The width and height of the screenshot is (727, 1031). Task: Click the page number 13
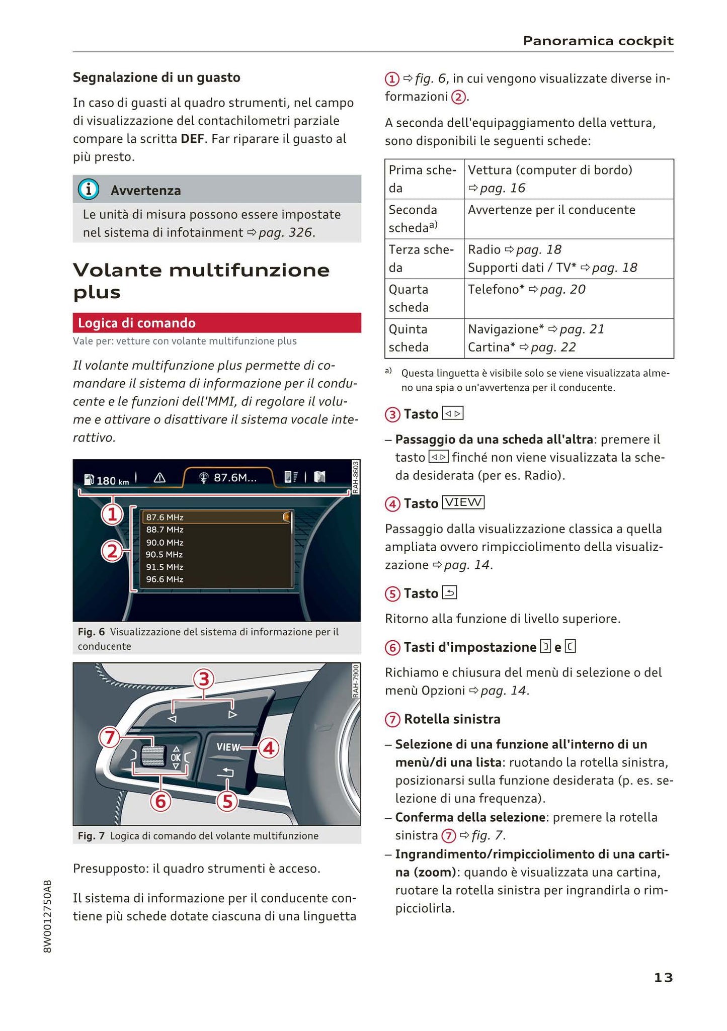click(663, 977)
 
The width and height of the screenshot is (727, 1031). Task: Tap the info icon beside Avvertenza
click(88, 190)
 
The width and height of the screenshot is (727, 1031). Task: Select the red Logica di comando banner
click(217, 323)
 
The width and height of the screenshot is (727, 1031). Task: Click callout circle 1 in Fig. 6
click(112, 514)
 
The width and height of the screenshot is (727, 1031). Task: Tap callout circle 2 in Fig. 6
click(112, 552)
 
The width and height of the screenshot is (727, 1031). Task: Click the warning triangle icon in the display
click(159, 478)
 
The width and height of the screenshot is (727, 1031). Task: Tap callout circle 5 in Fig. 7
click(227, 801)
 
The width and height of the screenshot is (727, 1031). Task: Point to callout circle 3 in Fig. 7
click(204, 679)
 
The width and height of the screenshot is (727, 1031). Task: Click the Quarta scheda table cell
click(424, 298)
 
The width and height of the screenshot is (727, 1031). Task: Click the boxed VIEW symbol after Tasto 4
click(463, 502)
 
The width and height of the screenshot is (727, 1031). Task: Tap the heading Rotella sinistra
click(452, 719)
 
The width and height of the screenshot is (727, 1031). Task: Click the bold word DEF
click(193, 139)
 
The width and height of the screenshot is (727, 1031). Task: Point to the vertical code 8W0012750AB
click(48, 916)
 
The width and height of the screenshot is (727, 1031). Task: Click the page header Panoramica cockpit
click(598, 41)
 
